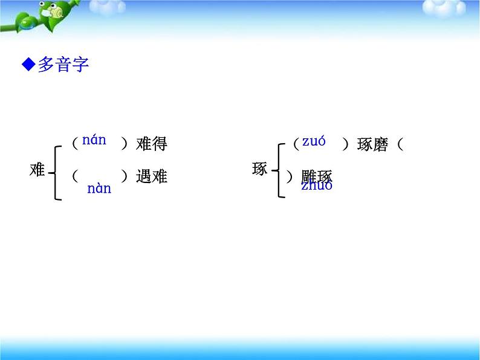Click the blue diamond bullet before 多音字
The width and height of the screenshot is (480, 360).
[28, 65]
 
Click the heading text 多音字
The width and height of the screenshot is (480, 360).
[63, 65]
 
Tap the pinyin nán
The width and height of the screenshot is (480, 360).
[94, 141]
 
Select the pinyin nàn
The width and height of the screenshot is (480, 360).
[99, 188]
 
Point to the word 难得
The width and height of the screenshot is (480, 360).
[151, 144]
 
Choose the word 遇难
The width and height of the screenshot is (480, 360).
[151, 176]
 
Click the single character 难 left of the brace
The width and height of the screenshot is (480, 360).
[37, 170]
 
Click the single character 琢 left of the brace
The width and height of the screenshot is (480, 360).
[259, 170]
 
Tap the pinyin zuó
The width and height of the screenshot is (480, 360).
[314, 142]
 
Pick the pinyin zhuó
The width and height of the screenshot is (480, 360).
[317, 185]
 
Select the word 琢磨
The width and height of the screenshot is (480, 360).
[372, 145]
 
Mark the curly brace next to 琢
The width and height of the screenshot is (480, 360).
[279, 170]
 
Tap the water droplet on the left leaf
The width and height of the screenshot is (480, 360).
[26, 24]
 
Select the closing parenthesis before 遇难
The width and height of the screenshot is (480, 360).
[125, 176]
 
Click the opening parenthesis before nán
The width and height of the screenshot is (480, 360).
[74, 143]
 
